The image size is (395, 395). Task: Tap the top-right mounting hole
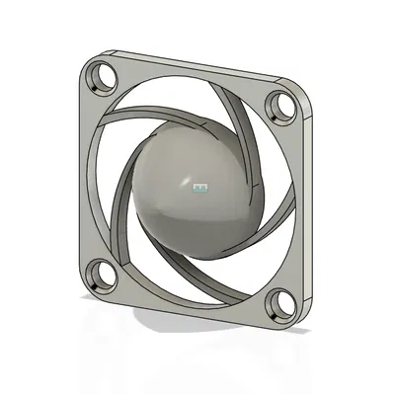point(282,102)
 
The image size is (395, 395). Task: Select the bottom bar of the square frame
point(188,301)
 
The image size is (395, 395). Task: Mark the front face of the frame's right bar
point(296,197)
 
